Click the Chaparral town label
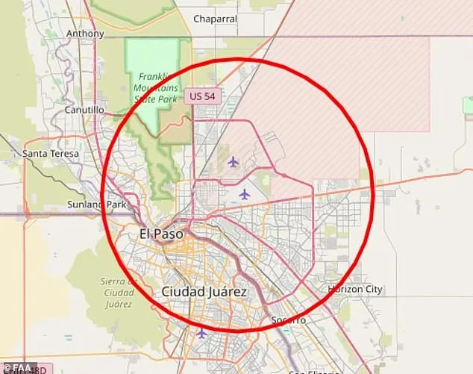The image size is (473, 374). click(215, 19)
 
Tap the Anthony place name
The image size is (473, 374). click(85, 34)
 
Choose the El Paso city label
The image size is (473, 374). click(161, 234)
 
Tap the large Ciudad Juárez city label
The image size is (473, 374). click(204, 292)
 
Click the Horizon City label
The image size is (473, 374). click(355, 289)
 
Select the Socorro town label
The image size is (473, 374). click(288, 320)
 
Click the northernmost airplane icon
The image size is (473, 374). click(233, 161)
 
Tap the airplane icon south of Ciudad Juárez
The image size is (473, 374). click(201, 333)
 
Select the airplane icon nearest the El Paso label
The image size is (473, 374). click(245, 194)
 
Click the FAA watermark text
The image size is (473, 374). click(24, 368)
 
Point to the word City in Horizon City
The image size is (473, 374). click(372, 289)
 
